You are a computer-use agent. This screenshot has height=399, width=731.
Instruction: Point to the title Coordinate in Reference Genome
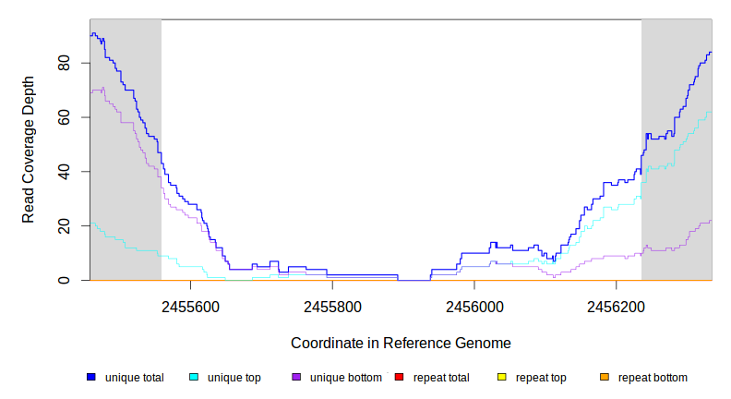[401, 343]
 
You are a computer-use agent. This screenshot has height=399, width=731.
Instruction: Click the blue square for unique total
[91, 378]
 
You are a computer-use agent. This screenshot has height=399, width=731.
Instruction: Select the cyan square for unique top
[194, 378]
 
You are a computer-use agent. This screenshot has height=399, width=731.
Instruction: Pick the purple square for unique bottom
[296, 378]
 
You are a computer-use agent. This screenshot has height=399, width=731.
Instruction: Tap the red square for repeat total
[399, 378]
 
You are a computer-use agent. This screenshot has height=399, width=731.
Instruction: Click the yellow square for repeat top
[502, 378]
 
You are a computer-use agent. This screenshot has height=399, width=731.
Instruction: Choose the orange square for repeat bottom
[605, 378]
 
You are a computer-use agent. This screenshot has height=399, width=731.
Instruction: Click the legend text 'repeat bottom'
[653, 378]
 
